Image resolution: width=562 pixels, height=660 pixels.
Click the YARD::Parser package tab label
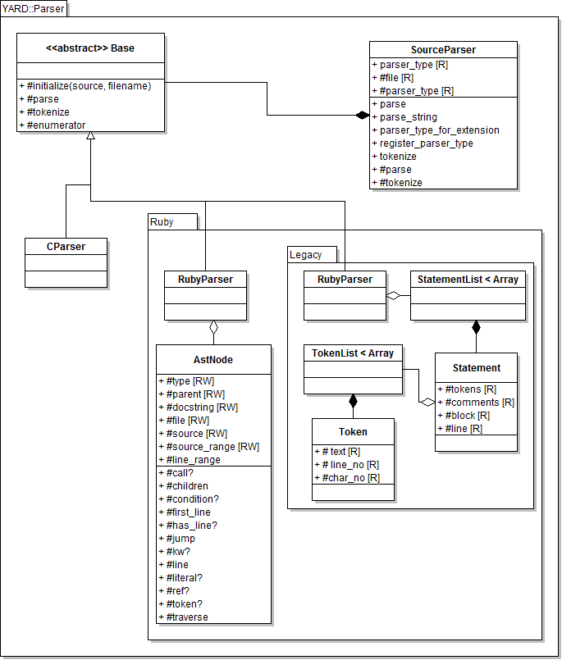[x=34, y=9]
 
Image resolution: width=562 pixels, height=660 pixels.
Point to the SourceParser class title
[x=443, y=50]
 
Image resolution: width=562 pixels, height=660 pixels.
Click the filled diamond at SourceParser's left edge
[x=362, y=116]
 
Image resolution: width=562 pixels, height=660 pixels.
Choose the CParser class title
[x=66, y=246]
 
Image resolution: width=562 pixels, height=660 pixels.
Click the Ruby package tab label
[x=162, y=222]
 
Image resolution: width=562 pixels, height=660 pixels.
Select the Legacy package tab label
[x=306, y=255]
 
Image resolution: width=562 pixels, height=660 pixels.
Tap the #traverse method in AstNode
[x=186, y=617]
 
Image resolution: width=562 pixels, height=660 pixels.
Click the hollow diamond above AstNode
[x=213, y=329]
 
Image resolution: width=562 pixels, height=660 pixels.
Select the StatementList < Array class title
[x=468, y=280]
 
